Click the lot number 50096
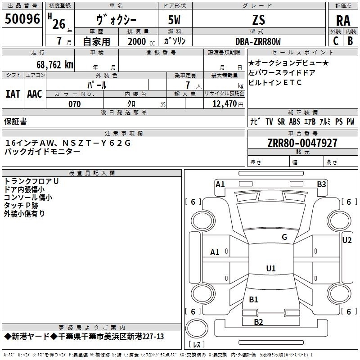click(x=22, y=19)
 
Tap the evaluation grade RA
click(x=343, y=21)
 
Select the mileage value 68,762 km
click(x=55, y=65)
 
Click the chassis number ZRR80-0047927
click(x=302, y=143)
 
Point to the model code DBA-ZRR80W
click(x=258, y=41)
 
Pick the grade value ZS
click(x=258, y=20)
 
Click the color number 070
click(x=74, y=104)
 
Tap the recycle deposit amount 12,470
click(x=225, y=103)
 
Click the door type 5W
click(x=174, y=20)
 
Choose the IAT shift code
click(x=13, y=94)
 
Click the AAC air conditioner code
click(x=35, y=94)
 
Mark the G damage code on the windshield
click(x=284, y=237)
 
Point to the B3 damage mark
click(x=321, y=184)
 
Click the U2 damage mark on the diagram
click(x=346, y=240)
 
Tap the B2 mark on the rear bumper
click(x=258, y=322)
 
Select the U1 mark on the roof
click(x=271, y=268)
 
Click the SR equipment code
click(x=281, y=121)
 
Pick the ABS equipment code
click(x=294, y=121)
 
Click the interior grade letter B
click(x=350, y=41)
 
